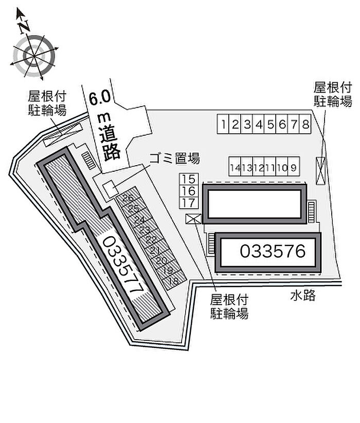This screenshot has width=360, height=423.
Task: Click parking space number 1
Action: coord(223,124)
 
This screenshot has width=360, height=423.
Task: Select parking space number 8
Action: coord(305,124)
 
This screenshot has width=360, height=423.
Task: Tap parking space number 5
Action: coord(270,124)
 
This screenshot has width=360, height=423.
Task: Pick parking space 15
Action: coord(189,179)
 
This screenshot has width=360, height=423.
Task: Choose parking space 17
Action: coord(189,203)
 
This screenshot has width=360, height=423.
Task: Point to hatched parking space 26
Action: coord(129,198)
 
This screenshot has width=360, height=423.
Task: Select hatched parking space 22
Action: coord(152,239)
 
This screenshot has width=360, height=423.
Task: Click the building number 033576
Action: coord(273,251)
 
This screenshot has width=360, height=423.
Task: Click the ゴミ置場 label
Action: coord(174,158)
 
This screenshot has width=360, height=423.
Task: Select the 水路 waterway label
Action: coord(303,296)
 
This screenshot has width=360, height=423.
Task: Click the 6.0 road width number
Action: coord(100,98)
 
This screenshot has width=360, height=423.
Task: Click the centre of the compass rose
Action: coord(34,56)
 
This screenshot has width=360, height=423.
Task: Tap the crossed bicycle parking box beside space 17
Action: coord(193,219)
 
